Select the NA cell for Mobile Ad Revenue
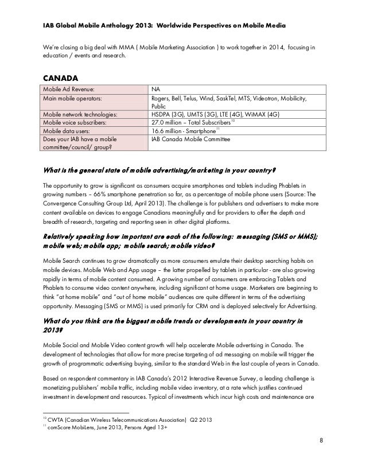click(155, 90)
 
